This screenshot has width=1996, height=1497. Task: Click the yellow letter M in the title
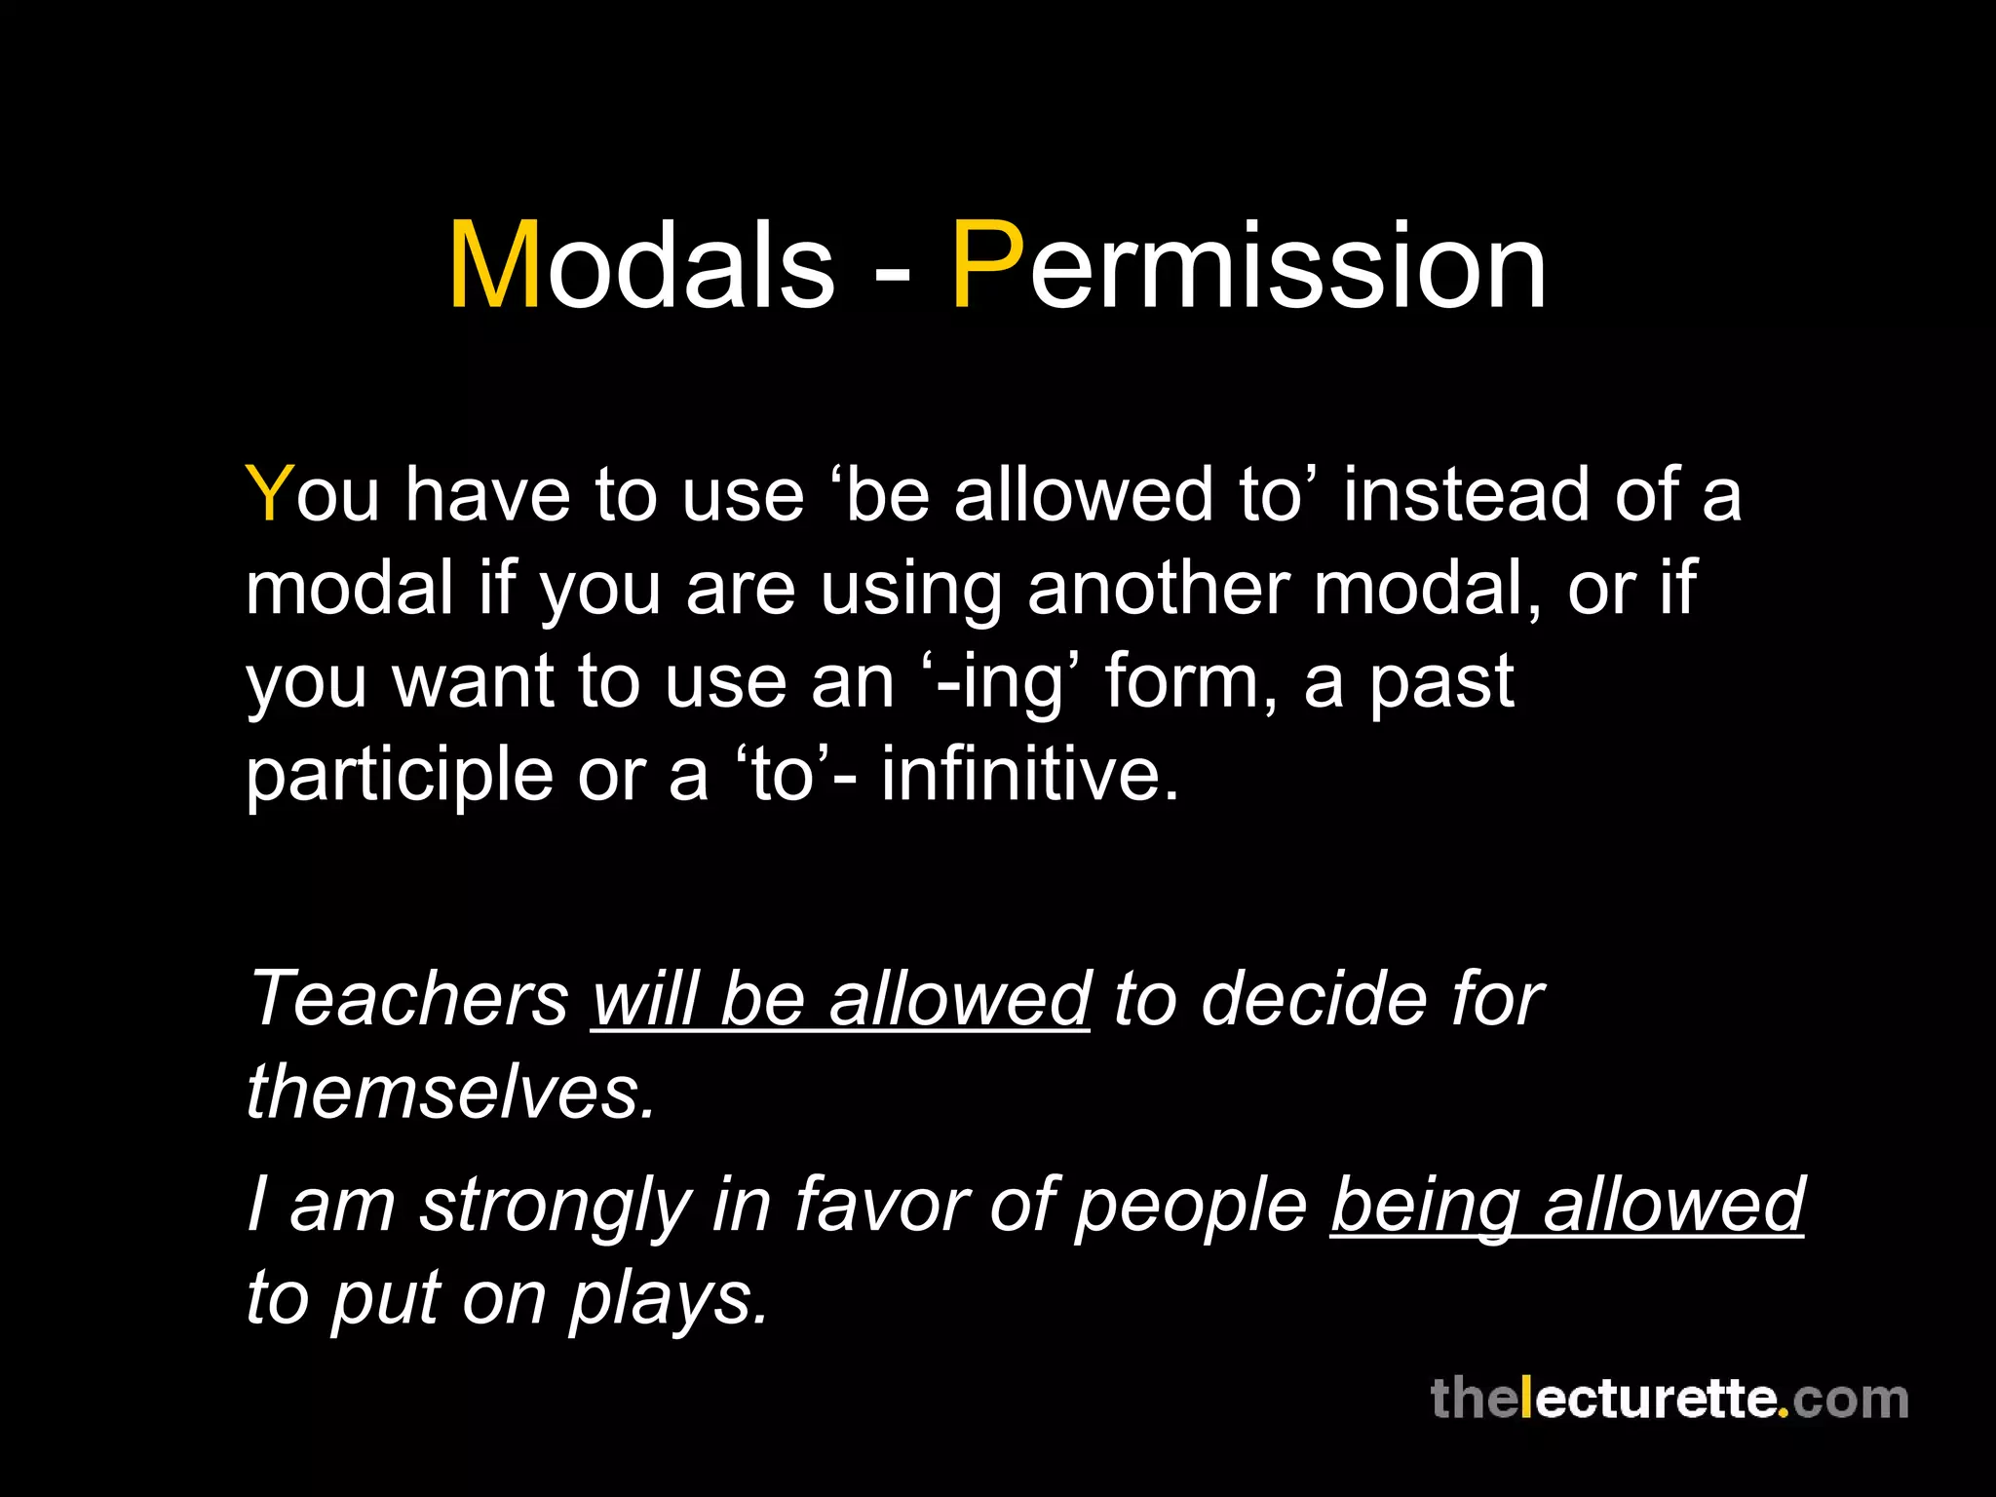[x=494, y=265]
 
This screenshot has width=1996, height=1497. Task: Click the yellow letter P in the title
[x=987, y=265]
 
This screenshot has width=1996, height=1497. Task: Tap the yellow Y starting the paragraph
[x=269, y=494]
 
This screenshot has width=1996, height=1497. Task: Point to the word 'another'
[x=1158, y=588]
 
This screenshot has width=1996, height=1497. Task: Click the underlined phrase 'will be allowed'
[x=840, y=998]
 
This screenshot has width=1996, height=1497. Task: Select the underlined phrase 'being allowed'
[x=1567, y=1205]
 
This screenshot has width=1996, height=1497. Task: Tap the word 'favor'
[x=881, y=1205]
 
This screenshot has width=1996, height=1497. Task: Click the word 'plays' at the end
[x=669, y=1298]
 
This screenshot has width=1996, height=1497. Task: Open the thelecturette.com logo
[x=1669, y=1400]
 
